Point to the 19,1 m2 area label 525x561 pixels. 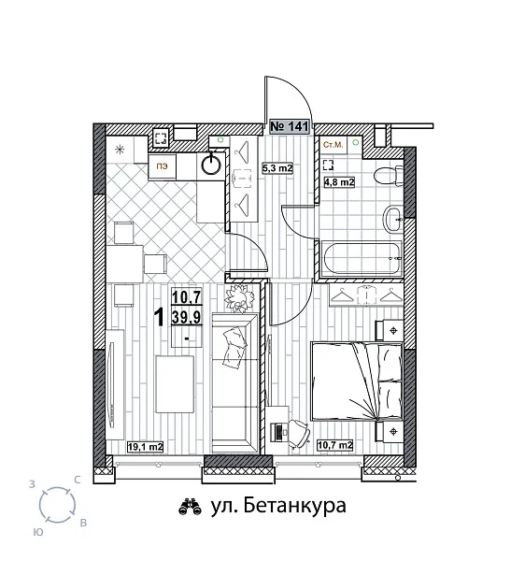(x=146, y=447)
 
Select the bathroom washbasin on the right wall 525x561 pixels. (x=392, y=221)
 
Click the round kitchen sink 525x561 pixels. (x=213, y=164)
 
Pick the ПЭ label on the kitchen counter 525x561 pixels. (x=163, y=165)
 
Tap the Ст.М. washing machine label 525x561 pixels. (x=333, y=146)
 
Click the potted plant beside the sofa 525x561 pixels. (x=241, y=300)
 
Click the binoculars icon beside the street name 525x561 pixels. (x=189, y=507)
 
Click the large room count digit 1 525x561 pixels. (x=160, y=318)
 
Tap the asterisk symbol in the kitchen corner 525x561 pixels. (x=119, y=150)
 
